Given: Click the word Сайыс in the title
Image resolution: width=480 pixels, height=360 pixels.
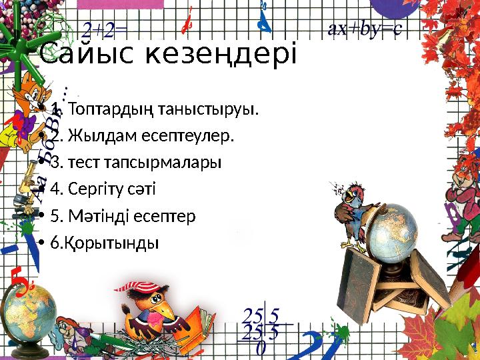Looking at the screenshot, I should click(83, 53).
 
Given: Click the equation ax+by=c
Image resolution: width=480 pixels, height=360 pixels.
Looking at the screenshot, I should click(364, 29).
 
